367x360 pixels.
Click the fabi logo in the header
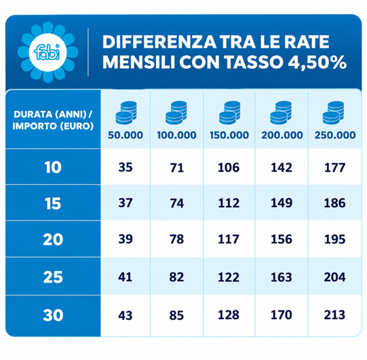48,52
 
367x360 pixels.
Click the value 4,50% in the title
317,62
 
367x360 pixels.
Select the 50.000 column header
125,135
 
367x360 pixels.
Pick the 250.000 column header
335,135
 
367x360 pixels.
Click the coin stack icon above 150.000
229,112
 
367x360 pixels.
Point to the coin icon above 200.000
281,112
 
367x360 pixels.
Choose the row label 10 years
53,167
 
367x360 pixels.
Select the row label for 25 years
53,277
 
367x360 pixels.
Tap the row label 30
53,315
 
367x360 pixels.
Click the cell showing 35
125,167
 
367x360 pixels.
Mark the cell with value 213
335,315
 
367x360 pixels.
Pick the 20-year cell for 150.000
229,239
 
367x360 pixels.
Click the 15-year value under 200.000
281,203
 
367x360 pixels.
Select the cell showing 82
177,277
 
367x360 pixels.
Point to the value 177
335,167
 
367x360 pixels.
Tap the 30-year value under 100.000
177,315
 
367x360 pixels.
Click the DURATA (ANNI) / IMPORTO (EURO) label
53,120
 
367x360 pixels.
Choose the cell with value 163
281,277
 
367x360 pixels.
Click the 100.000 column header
177,135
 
